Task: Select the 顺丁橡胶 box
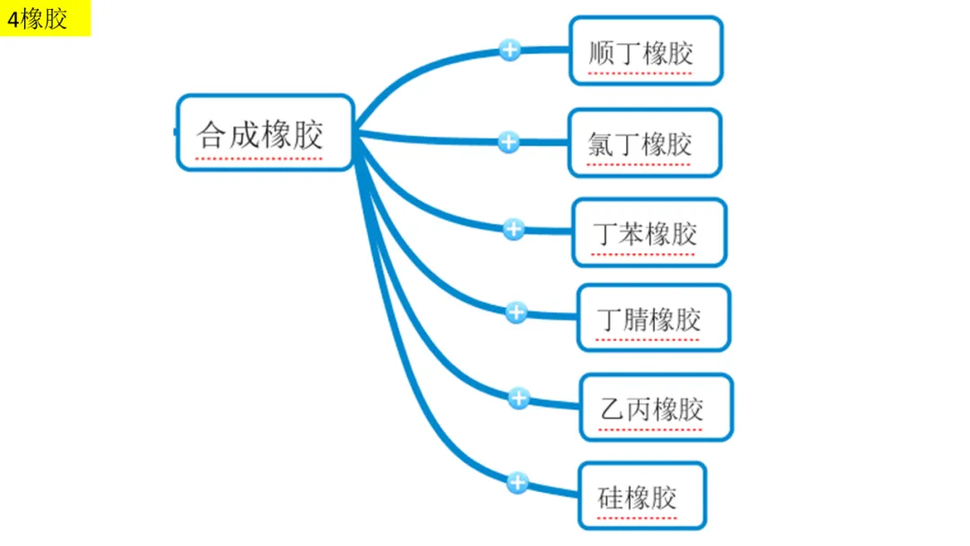(646, 51)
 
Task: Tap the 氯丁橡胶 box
(644, 143)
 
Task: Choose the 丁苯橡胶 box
(648, 233)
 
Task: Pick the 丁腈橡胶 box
(653, 318)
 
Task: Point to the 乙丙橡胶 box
(656, 408)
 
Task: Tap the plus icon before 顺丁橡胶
(510, 49)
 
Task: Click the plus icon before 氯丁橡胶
(508, 141)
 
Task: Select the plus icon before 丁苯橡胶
(513, 229)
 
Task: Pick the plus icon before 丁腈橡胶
(516, 313)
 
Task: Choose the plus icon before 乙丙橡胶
(518, 398)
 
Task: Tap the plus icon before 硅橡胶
(516, 483)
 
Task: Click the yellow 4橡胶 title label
(45, 19)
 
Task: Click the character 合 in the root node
(212, 135)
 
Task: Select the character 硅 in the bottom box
(611, 498)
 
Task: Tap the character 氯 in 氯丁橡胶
(601, 144)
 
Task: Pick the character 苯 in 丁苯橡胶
(632, 233)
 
